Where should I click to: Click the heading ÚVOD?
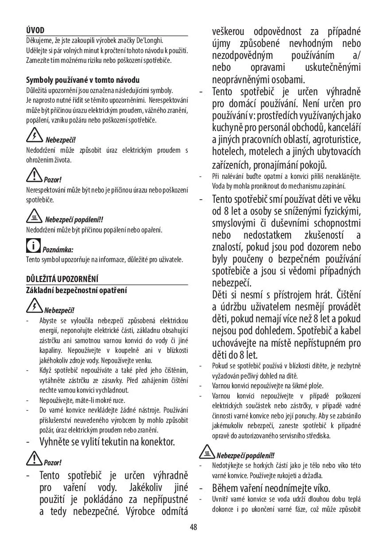tap(35, 31)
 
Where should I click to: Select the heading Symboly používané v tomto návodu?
tap(83, 80)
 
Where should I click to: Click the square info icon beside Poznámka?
tap(33, 245)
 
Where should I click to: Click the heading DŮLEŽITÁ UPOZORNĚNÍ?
tap(62, 279)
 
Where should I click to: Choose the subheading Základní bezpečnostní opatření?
tap(76, 290)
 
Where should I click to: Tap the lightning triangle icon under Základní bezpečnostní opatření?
tap(34, 305)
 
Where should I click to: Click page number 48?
tap(193, 527)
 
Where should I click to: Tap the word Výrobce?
tap(137, 512)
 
